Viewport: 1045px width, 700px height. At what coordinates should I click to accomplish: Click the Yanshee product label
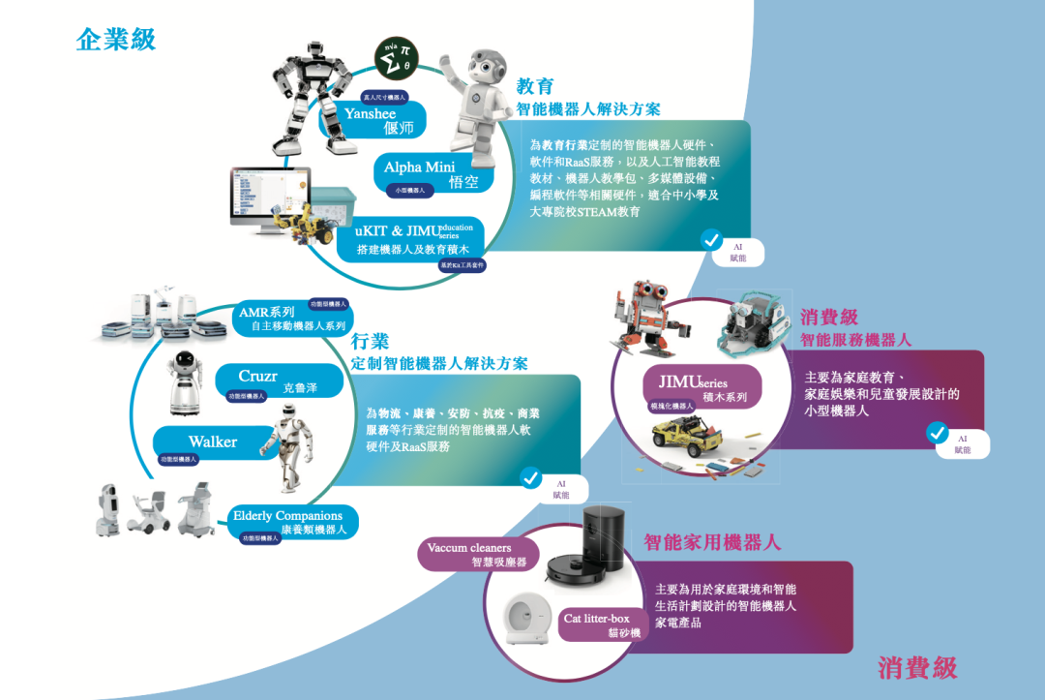point(383,120)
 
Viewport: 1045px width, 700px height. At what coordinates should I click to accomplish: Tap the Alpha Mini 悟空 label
point(432,173)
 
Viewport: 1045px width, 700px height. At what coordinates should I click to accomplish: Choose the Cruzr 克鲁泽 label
point(277,380)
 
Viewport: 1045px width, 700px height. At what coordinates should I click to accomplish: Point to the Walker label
point(212,441)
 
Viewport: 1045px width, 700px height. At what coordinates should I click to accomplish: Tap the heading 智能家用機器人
point(712,541)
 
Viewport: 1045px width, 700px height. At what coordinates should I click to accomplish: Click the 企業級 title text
point(116,40)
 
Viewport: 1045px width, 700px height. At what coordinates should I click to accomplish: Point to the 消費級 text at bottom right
point(917,667)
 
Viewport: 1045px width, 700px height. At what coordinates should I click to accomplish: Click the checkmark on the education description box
point(711,238)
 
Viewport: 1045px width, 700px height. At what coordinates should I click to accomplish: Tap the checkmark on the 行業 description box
point(530,476)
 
